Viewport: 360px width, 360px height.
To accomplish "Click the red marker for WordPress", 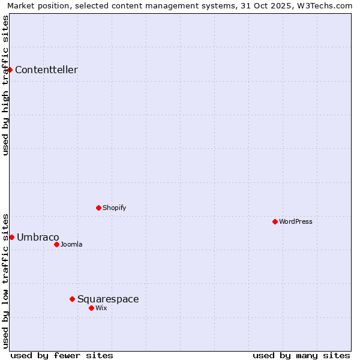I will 275,221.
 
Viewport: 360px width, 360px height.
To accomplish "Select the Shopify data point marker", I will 98,208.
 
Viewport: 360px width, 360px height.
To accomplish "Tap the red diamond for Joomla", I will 56,244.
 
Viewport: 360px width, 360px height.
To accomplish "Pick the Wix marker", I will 91,308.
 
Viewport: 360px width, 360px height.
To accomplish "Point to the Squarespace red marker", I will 72,299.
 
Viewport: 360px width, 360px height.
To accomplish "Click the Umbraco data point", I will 11,237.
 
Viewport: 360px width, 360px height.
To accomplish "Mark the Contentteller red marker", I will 10,70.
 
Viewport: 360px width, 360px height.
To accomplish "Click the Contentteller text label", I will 46,70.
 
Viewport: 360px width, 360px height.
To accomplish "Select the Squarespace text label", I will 108,299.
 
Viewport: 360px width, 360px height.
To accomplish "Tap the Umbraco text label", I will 38,237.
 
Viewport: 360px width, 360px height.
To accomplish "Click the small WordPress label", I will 296,221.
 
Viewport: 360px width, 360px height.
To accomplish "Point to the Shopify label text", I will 114,208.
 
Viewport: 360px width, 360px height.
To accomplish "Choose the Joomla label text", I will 71,244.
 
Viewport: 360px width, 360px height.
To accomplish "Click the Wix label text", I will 101,308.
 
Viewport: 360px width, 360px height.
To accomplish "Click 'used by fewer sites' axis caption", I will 62,355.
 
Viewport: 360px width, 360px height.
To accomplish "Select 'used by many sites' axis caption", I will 301,355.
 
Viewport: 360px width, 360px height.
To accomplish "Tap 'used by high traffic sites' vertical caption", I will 5,85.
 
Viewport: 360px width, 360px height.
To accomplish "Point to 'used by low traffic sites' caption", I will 5,280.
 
